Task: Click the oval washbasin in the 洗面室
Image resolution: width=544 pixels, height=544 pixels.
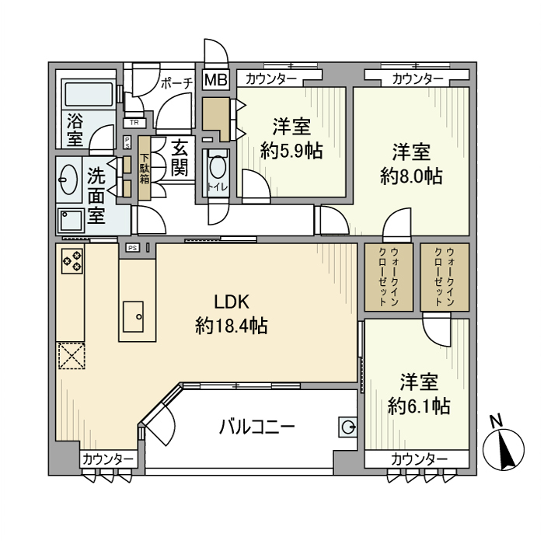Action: (68, 180)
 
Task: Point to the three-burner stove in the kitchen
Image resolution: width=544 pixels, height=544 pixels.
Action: (72, 260)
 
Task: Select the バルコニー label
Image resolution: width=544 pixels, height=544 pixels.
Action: (256, 427)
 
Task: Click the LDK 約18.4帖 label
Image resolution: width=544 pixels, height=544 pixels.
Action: (231, 314)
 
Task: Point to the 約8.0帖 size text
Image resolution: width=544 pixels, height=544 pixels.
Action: (411, 176)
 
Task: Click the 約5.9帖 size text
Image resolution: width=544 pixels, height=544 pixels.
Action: (291, 151)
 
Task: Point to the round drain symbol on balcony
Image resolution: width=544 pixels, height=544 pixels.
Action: (348, 426)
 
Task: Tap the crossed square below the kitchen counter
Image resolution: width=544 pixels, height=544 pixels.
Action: (71, 356)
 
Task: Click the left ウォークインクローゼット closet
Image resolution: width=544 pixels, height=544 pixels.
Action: (385, 278)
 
